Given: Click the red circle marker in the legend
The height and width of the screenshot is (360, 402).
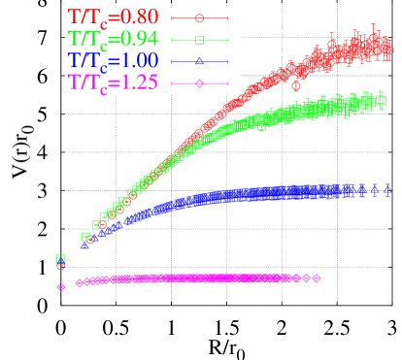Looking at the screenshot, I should tap(199, 17).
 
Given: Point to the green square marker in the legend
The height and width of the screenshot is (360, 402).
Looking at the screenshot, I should tap(199, 40).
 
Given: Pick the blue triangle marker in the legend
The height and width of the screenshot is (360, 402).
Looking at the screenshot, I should tap(199, 61).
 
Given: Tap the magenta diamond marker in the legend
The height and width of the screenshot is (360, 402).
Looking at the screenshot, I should tap(199, 84).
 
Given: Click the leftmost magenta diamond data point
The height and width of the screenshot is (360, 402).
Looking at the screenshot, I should tap(61, 286).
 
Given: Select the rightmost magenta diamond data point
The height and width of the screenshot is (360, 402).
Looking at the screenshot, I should tap(317, 278).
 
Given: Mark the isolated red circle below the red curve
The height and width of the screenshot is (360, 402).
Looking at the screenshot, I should tap(296, 85).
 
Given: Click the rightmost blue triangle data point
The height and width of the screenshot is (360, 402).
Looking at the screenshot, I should tap(387, 188).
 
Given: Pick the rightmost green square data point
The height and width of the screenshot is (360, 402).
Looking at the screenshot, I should tap(383, 100).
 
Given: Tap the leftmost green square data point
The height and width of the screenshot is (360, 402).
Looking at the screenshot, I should tap(61, 259).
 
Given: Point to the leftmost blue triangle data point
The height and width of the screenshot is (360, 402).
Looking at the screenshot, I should tap(84, 245).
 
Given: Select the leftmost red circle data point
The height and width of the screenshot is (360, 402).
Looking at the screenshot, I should tap(61, 264).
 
